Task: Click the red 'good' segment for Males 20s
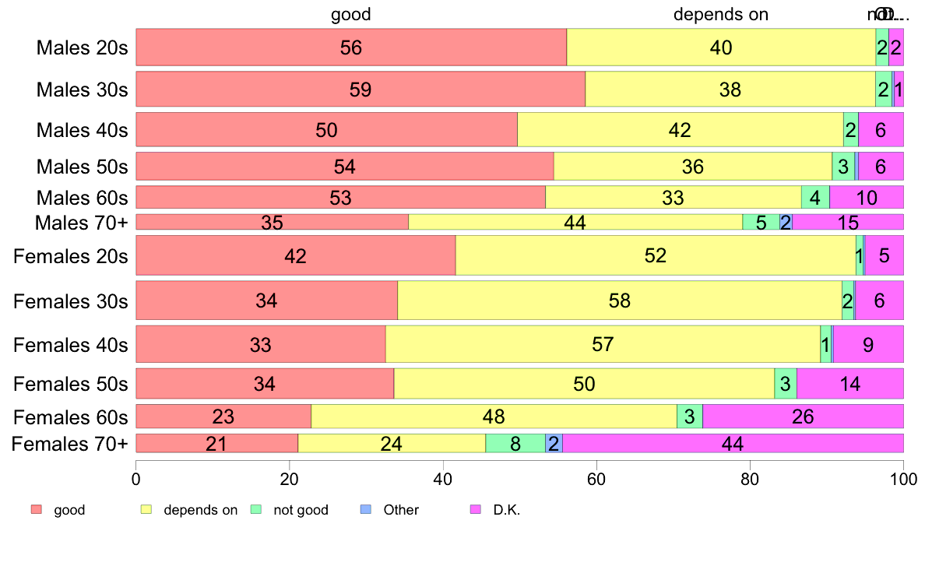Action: (x=351, y=47)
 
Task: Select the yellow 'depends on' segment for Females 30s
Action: (x=620, y=300)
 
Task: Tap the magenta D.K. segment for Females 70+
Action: (x=733, y=444)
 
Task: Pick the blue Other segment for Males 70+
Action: (x=786, y=222)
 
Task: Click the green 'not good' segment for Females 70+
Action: (x=515, y=444)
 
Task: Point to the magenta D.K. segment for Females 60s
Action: (x=803, y=417)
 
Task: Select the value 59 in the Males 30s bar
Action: (x=361, y=90)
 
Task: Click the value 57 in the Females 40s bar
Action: (x=603, y=344)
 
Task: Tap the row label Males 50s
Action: (x=82, y=167)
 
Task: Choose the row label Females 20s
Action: (x=71, y=256)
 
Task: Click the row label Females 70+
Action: (x=71, y=444)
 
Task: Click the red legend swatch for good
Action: (x=36, y=510)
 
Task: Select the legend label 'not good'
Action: (x=301, y=510)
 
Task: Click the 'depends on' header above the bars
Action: (x=721, y=14)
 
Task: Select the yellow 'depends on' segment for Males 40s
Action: (x=681, y=130)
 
